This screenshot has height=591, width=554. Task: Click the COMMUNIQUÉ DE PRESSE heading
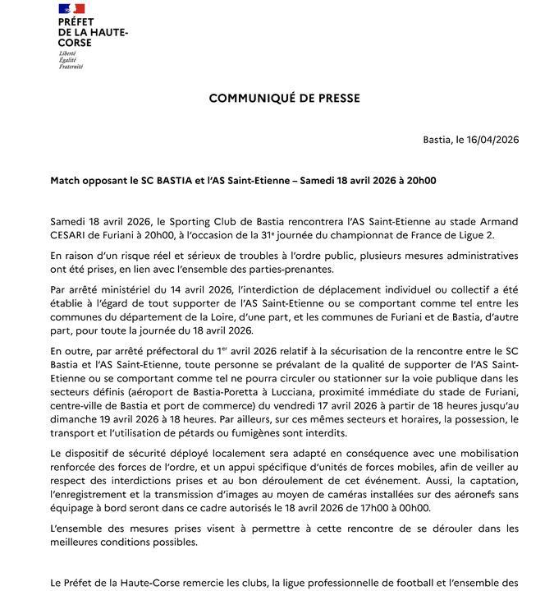pos(284,98)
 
